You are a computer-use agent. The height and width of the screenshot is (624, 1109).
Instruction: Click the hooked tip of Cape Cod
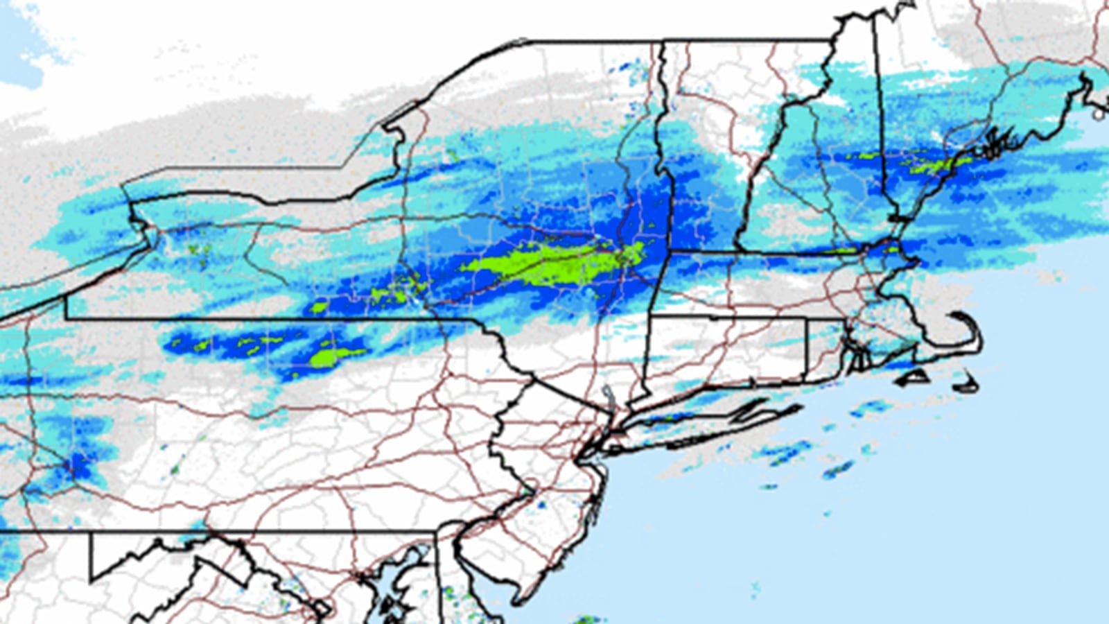tap(955, 315)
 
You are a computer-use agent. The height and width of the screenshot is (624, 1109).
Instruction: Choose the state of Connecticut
tap(728, 354)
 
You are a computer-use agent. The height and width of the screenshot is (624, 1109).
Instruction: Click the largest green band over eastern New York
tap(554, 263)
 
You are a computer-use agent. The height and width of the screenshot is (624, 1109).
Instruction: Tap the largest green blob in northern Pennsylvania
tap(333, 357)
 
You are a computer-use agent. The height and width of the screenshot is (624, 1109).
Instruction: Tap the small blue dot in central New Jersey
tap(541, 505)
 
